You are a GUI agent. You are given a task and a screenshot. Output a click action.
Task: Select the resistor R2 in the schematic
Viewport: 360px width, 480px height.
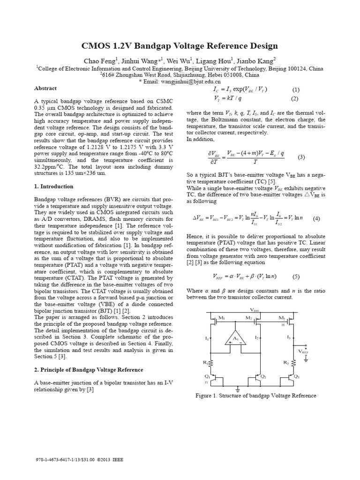294,363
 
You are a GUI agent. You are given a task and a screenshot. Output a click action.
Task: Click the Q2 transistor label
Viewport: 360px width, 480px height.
263,376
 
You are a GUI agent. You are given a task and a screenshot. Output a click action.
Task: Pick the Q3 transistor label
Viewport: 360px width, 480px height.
296,376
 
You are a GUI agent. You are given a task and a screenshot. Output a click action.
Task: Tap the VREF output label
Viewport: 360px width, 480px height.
305,351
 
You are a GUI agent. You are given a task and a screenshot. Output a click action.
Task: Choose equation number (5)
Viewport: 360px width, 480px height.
295,276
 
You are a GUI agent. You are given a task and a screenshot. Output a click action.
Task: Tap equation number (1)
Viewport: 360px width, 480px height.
295,90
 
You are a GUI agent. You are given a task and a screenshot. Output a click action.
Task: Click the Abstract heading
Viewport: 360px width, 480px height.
45,88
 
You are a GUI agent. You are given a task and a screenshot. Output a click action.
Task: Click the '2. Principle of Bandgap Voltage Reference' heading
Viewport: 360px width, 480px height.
89,370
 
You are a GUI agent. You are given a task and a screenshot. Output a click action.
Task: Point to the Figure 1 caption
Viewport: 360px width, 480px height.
256,396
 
